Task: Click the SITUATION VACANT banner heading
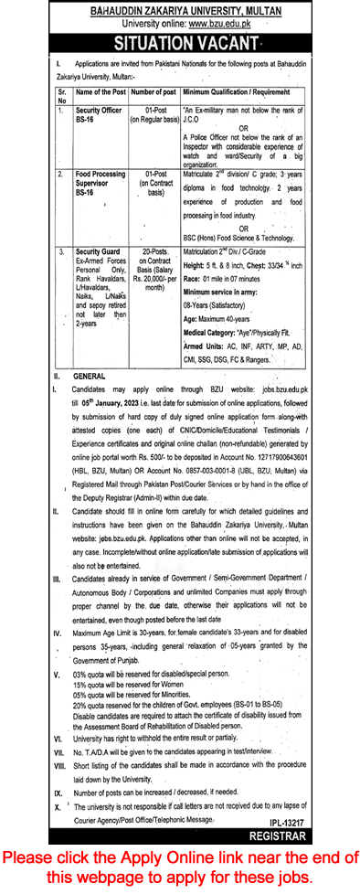(179, 43)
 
